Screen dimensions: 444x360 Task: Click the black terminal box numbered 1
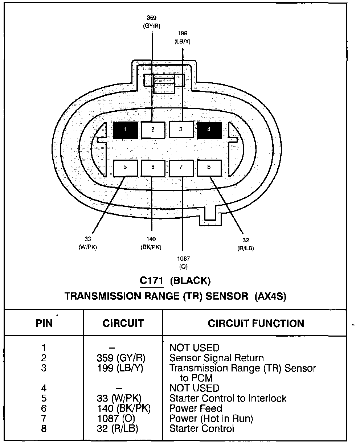point(125,130)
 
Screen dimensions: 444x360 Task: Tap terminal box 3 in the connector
point(181,129)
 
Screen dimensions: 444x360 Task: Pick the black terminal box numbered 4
point(209,130)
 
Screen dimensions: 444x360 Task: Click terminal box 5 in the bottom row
point(125,167)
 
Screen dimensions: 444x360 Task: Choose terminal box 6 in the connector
point(153,167)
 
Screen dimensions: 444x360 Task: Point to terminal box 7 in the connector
point(181,167)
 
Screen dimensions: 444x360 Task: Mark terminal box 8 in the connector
point(209,167)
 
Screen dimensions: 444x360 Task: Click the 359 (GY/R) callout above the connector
point(152,21)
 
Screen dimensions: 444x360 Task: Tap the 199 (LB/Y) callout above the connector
point(183,37)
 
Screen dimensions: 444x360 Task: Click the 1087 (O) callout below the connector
point(183,263)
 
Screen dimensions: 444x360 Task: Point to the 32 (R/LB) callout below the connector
point(245,244)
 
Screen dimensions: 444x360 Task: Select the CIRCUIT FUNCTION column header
point(256,323)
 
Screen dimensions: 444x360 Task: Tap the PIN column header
point(44,323)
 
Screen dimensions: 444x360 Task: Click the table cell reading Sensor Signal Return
point(217,358)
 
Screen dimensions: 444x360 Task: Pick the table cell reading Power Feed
point(196,408)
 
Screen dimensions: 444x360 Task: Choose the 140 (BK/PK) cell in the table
point(124,408)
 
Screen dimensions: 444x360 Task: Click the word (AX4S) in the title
point(271,296)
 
